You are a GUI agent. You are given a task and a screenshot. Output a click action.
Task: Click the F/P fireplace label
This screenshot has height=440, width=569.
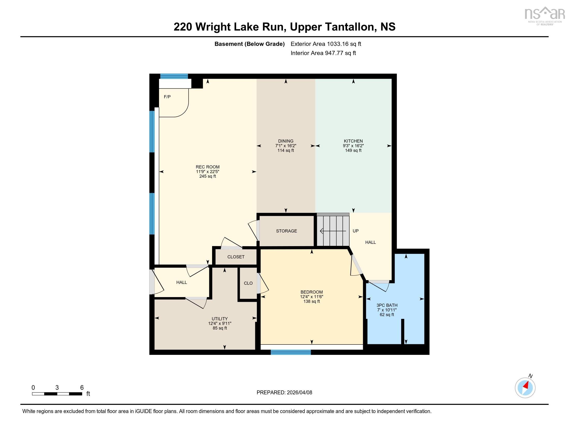(167, 97)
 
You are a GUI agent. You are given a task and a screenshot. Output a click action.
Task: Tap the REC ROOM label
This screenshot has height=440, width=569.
(207, 167)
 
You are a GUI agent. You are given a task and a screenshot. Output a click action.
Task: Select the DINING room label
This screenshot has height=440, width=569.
(286, 141)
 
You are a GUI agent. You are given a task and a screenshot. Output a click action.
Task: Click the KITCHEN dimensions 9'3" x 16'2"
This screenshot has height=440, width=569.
(353, 146)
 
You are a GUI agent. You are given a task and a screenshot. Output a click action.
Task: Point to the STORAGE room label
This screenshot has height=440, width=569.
(286, 231)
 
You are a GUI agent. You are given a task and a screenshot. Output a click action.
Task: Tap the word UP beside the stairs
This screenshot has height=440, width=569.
(355, 231)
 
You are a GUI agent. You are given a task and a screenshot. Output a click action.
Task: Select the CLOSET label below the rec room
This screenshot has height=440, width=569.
(236, 257)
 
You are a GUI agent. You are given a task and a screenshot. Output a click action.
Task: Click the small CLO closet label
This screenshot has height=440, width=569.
(248, 283)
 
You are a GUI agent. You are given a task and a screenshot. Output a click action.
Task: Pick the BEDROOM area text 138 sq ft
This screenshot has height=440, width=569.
(311, 301)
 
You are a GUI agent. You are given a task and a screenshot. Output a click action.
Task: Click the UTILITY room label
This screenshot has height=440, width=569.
(219, 319)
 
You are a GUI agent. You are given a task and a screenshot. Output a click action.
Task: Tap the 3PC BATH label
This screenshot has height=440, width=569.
(387, 305)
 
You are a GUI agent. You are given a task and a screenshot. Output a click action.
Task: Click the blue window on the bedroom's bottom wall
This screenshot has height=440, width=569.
(290, 352)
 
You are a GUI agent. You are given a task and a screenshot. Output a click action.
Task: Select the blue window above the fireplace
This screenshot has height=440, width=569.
(174, 76)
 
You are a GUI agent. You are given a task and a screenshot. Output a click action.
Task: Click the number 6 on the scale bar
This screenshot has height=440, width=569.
(81, 387)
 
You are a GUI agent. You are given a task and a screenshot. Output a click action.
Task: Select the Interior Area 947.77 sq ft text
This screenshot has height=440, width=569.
(323, 53)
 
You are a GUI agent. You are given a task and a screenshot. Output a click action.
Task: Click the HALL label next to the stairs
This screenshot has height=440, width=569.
(370, 243)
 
